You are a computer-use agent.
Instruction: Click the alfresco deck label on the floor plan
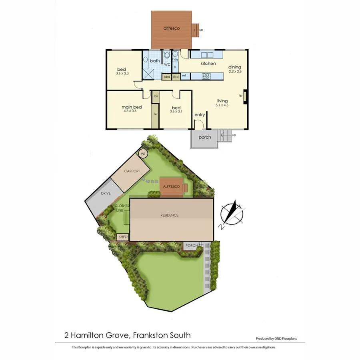pos(171,28)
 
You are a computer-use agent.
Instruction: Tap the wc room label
pos(167,64)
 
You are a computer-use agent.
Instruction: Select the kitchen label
pos(208,64)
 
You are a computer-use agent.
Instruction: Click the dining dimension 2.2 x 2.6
pos(235,72)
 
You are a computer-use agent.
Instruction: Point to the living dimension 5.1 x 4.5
pos(222,106)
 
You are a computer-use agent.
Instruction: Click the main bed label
pos(132,107)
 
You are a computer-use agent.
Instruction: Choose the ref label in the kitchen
pos(184,76)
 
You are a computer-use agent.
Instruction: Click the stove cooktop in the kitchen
pos(206,76)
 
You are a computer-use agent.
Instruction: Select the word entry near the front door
pos(200,115)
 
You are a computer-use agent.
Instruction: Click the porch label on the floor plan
pos(204,138)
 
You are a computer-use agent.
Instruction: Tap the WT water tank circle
pos(143,154)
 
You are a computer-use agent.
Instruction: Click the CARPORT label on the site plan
pos(132,171)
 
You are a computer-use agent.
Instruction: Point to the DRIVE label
pos(106,193)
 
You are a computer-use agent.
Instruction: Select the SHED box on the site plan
pos(123,237)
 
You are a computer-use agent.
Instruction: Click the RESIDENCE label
pos(169,215)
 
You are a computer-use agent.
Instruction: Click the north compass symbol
pos(232,214)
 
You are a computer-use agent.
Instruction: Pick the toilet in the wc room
pos(167,56)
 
